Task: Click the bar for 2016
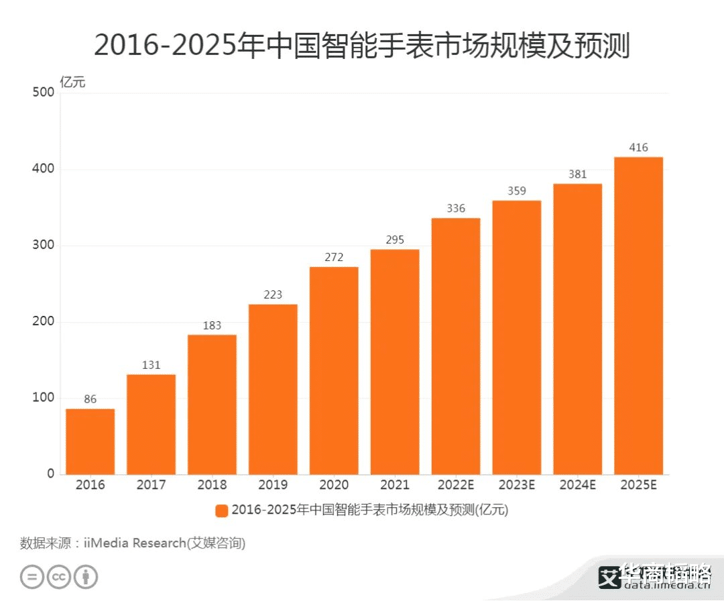pyautogui.click(x=90, y=441)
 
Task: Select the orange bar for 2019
pyautogui.click(x=273, y=389)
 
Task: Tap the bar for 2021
pyautogui.click(x=395, y=362)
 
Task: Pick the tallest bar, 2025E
pyautogui.click(x=638, y=315)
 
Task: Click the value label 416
pyautogui.click(x=638, y=148)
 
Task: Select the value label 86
pyautogui.click(x=90, y=400)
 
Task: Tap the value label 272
pyautogui.click(x=334, y=258)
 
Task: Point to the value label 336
pyautogui.click(x=456, y=209)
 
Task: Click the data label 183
pyautogui.click(x=212, y=325)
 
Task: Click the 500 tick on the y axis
pyautogui.click(x=43, y=93)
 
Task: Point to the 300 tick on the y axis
pyautogui.click(x=43, y=245)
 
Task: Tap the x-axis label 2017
pyautogui.click(x=151, y=485)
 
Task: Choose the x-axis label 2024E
pyautogui.click(x=577, y=485)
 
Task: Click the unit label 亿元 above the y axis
pyautogui.click(x=73, y=83)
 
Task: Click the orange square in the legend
pyautogui.click(x=221, y=510)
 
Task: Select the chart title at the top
pyautogui.click(x=362, y=46)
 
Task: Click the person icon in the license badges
pyautogui.click(x=86, y=577)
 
